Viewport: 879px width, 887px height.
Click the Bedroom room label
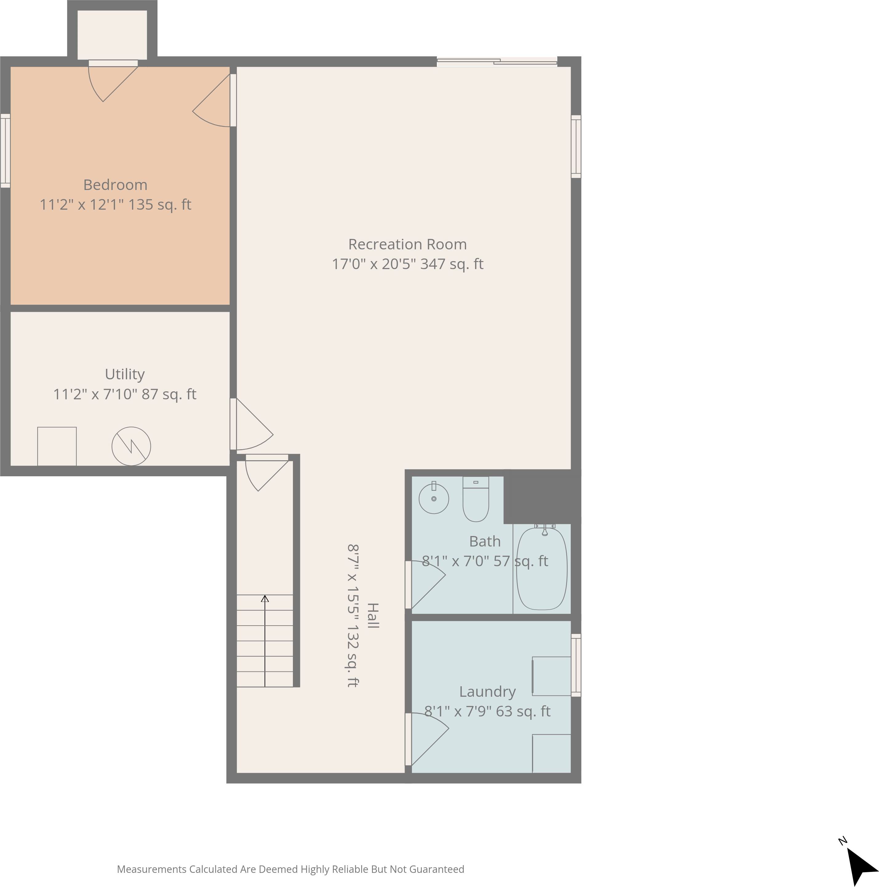coord(115,185)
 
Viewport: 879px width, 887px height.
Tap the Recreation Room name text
coord(407,244)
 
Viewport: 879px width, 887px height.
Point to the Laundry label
coord(487,691)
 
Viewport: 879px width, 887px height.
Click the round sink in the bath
coord(434,498)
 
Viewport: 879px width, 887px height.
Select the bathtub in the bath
coord(542,569)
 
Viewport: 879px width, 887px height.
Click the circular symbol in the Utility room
coord(131,446)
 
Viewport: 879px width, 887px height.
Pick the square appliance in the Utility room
coord(57,446)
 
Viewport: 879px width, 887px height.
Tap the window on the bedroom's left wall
coord(5,151)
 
